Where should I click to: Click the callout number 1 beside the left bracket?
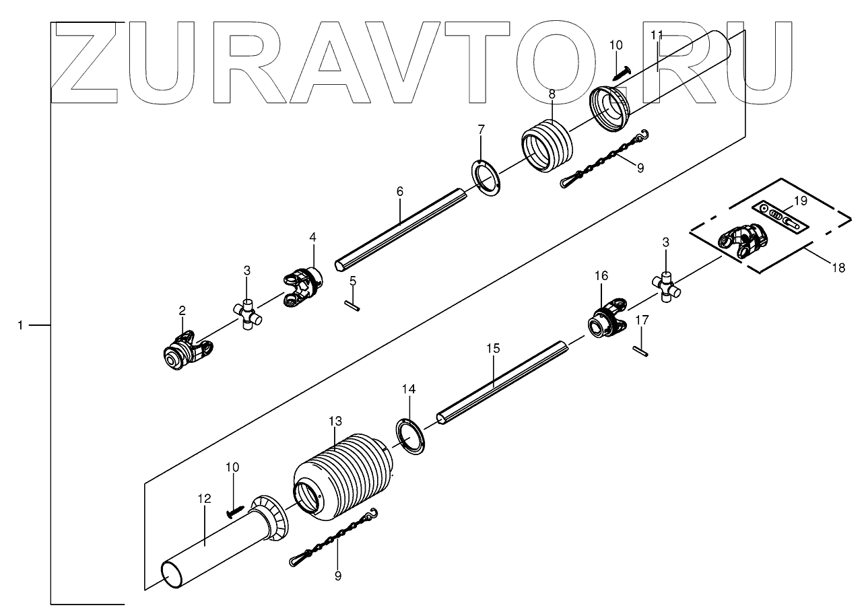click(20, 325)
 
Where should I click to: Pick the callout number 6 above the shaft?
click(399, 192)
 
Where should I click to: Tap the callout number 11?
click(657, 35)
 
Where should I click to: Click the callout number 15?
click(493, 348)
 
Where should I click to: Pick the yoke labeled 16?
click(608, 320)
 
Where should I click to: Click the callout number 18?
click(838, 268)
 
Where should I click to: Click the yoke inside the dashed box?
click(743, 242)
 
